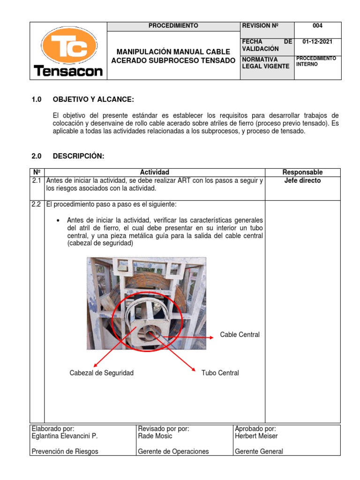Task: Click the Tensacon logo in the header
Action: point(68,51)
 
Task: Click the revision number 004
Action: point(317,26)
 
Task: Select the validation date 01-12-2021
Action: point(317,42)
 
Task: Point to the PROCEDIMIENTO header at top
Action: point(173,26)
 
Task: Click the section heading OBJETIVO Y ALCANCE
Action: point(93,99)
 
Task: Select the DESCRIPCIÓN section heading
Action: point(78,156)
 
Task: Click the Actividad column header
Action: point(155,172)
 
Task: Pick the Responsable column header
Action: point(302,172)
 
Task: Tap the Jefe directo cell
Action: point(302,180)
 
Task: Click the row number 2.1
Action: point(37,180)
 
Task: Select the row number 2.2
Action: point(37,205)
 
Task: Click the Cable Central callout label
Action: point(240,335)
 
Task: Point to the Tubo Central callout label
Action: point(220,373)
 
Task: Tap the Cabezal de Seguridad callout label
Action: point(101,373)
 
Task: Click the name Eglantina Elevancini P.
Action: point(65,436)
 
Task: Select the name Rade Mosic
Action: point(155,436)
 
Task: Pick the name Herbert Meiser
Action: point(256,436)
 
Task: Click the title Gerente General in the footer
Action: point(259,451)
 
